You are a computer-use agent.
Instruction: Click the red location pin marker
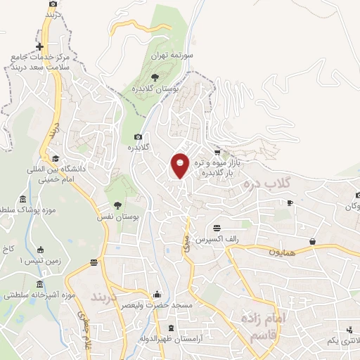point(180,165)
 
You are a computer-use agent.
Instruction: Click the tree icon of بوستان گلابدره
point(155,77)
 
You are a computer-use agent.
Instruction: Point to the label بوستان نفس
point(118,218)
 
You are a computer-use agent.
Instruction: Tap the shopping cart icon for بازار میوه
point(217,151)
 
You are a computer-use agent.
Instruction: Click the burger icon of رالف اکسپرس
point(217,228)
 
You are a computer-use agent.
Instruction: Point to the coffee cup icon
point(289,203)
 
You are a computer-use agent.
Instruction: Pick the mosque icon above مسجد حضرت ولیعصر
point(156,295)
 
